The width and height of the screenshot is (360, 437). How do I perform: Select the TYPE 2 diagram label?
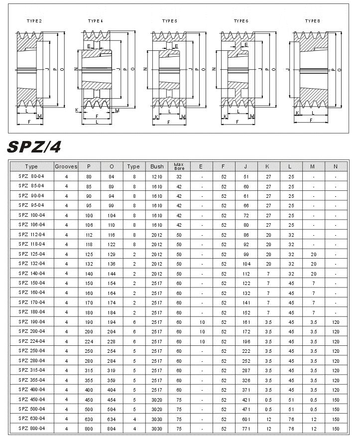tap(34, 21)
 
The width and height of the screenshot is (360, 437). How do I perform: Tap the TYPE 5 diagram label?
tap(169, 21)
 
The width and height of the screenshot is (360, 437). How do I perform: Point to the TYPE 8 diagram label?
tap(312, 21)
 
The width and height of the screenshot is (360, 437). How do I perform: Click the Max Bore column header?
tap(179, 166)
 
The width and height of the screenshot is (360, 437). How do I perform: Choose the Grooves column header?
tap(66, 166)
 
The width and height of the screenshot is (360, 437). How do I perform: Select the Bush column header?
tap(157, 166)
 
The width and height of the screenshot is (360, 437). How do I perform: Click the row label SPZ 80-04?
tap(31, 176)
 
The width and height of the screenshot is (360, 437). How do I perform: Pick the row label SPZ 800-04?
tap(31, 428)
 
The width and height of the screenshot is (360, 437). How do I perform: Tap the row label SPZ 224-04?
tap(31, 341)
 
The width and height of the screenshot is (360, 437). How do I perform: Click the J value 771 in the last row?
tap(246, 428)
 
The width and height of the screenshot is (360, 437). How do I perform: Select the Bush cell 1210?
tap(157, 176)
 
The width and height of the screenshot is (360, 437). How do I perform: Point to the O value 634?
tap(111, 419)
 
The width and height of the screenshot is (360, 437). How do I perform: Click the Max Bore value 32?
tap(179, 176)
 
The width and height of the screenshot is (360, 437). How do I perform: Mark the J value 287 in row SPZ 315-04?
tap(246, 370)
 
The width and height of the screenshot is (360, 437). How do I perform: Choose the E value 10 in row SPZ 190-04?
tap(202, 322)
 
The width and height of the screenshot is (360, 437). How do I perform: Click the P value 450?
tap(89, 399)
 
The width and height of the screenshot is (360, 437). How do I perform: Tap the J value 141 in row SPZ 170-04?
tap(246, 302)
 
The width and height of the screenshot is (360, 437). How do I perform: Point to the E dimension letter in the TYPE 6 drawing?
tap(246, 45)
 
